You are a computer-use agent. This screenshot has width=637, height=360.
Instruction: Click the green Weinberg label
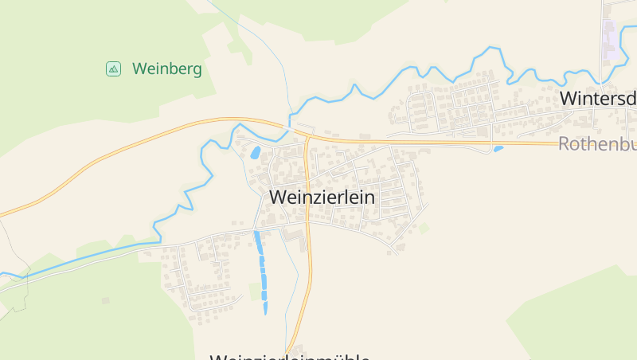coord(167,69)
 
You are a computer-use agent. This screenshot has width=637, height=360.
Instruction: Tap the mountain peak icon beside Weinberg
coord(113,69)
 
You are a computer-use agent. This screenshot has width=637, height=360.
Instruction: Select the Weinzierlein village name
coord(322,196)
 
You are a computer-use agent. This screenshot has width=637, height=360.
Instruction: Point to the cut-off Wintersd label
coord(598,99)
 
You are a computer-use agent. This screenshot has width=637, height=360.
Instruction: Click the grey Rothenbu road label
coord(597,144)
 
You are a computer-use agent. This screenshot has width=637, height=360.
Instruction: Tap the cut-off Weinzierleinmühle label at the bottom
coord(290,357)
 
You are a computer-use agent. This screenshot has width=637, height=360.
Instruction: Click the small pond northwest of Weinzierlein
coord(256,151)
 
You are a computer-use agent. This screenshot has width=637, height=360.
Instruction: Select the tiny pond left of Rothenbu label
coord(498,148)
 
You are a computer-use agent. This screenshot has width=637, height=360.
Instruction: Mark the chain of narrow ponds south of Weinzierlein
coord(261,271)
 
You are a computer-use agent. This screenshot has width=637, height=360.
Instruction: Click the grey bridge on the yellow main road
coord(303,130)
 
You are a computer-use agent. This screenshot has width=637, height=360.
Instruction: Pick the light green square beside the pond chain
coord(256,292)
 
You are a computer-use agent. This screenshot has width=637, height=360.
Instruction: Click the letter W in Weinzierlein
coord(279,196)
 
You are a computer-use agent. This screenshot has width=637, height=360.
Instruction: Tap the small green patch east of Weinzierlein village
coord(424,228)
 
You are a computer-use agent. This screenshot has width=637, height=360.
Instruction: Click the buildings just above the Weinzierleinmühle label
coord(297,349)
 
